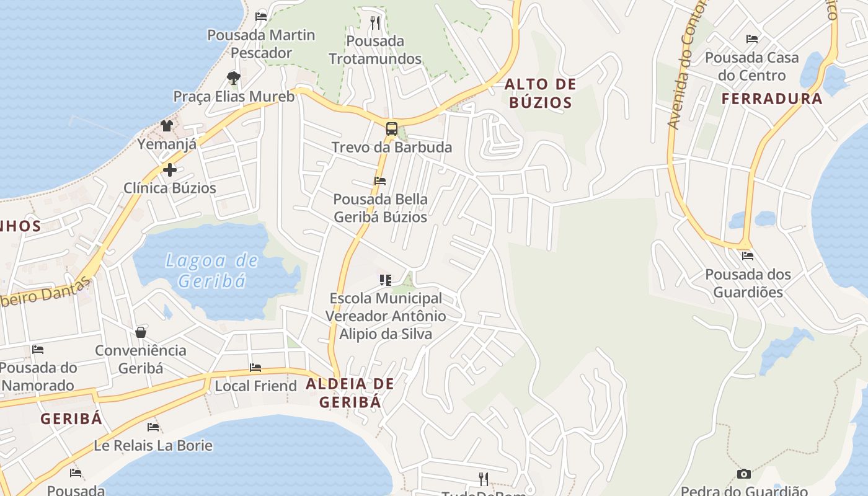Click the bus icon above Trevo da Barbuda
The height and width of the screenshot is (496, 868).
point(391,129)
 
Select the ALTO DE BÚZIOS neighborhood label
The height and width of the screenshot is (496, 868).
point(540,93)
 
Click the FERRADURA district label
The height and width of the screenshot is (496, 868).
point(772,99)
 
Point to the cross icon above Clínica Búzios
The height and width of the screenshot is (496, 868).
point(170,169)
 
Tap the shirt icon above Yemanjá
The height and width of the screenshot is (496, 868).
point(167,126)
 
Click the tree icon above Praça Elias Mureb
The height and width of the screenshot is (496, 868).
point(234,77)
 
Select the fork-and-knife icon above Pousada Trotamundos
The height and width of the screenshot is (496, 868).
point(374,23)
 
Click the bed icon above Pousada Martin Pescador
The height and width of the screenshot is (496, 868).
point(261,16)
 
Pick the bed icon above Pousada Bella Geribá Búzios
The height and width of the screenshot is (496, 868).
point(380,181)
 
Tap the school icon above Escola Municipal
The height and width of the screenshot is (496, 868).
point(386,280)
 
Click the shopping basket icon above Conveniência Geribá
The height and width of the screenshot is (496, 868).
point(141,332)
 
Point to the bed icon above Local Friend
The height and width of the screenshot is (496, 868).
point(255,368)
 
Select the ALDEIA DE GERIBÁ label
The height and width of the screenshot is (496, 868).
point(350,392)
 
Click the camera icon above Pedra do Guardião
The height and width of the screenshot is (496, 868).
point(743,474)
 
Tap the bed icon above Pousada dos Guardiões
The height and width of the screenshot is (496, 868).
point(748,255)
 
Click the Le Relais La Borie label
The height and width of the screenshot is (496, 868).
point(153,445)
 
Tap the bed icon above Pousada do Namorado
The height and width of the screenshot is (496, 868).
point(38,350)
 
